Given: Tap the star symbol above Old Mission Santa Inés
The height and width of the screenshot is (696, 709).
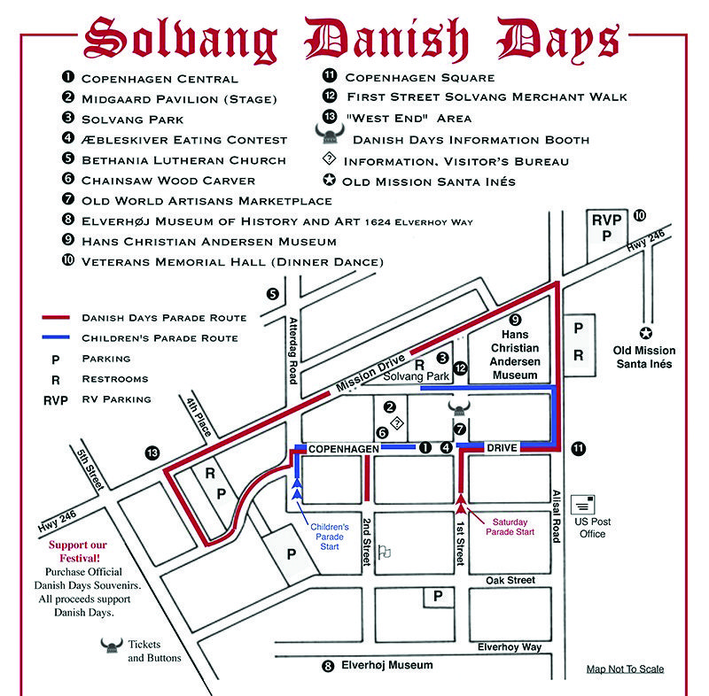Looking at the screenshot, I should (x=646, y=333).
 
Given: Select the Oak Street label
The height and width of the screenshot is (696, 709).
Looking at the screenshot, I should (x=510, y=580).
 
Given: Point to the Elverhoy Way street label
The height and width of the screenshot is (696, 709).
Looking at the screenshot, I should (x=509, y=647).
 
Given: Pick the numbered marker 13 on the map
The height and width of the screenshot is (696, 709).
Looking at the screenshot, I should (x=152, y=453).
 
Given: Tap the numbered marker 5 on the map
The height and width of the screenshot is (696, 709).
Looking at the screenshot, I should (x=273, y=294).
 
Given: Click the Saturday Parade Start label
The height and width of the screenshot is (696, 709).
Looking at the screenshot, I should (x=510, y=527).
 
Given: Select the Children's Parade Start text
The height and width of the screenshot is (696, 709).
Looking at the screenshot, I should (x=329, y=536).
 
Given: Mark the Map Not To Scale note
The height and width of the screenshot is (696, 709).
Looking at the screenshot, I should (x=625, y=669).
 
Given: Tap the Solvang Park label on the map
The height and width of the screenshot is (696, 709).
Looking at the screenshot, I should (x=417, y=376).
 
